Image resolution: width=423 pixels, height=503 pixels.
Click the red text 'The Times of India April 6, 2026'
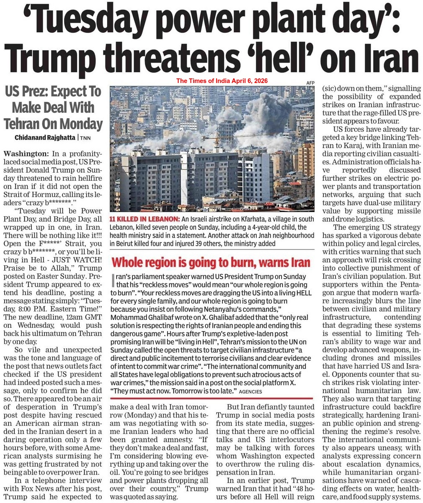coord(222,80)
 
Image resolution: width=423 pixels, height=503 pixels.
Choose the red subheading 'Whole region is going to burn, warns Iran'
coord(211,263)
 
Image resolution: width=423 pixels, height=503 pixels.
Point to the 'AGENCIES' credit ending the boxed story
coord(251,392)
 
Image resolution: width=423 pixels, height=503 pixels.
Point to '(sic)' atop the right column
coord(329,88)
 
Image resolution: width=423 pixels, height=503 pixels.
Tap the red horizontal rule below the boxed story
coord(211,398)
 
